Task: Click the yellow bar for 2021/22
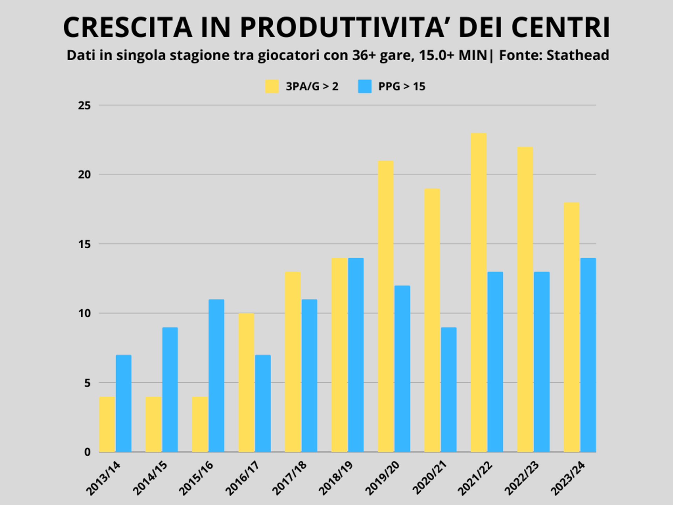click(x=478, y=292)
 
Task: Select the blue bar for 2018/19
click(x=356, y=355)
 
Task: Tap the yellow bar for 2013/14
click(x=107, y=424)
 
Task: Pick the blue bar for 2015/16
click(x=216, y=376)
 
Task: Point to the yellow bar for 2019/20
click(x=386, y=306)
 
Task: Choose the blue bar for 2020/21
click(x=449, y=390)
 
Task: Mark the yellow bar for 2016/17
click(x=246, y=383)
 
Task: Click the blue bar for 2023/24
click(x=588, y=355)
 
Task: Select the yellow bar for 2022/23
click(x=525, y=299)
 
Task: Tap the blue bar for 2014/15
click(x=170, y=390)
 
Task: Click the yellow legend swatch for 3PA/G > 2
click(x=272, y=86)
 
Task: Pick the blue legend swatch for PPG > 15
click(x=365, y=86)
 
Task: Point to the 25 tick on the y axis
click(x=84, y=105)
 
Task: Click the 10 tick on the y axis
click(x=84, y=313)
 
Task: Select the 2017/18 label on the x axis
click(x=290, y=478)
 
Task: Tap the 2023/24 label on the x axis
click(x=568, y=478)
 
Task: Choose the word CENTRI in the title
click(x=560, y=27)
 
